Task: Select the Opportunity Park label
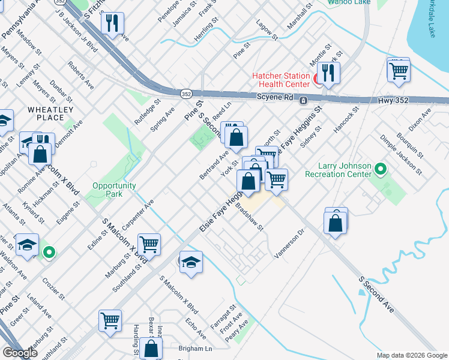(113, 190)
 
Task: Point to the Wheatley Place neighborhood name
(50, 113)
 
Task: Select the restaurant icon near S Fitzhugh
(112, 24)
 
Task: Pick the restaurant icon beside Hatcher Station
(328, 73)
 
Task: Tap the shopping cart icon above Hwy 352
(398, 71)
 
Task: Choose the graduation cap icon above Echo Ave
(191, 262)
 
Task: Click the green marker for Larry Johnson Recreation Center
(379, 170)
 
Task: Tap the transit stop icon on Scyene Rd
(304, 100)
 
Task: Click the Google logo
(19, 353)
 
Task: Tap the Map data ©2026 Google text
(411, 355)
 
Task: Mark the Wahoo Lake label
(349, 2)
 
